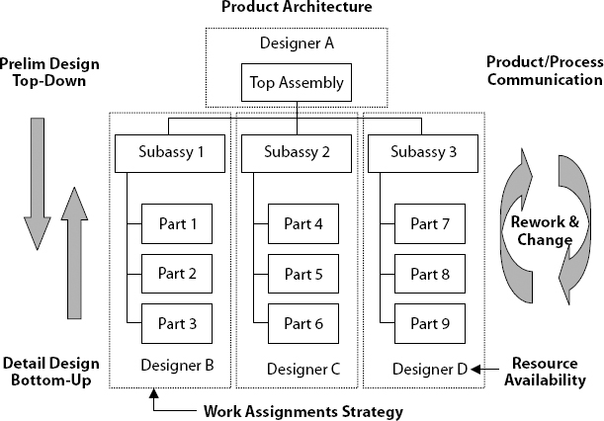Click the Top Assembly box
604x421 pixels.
click(298, 83)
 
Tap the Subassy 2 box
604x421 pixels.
click(298, 153)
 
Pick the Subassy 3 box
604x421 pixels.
click(424, 153)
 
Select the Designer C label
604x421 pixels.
click(303, 370)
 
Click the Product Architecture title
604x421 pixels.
click(297, 8)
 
